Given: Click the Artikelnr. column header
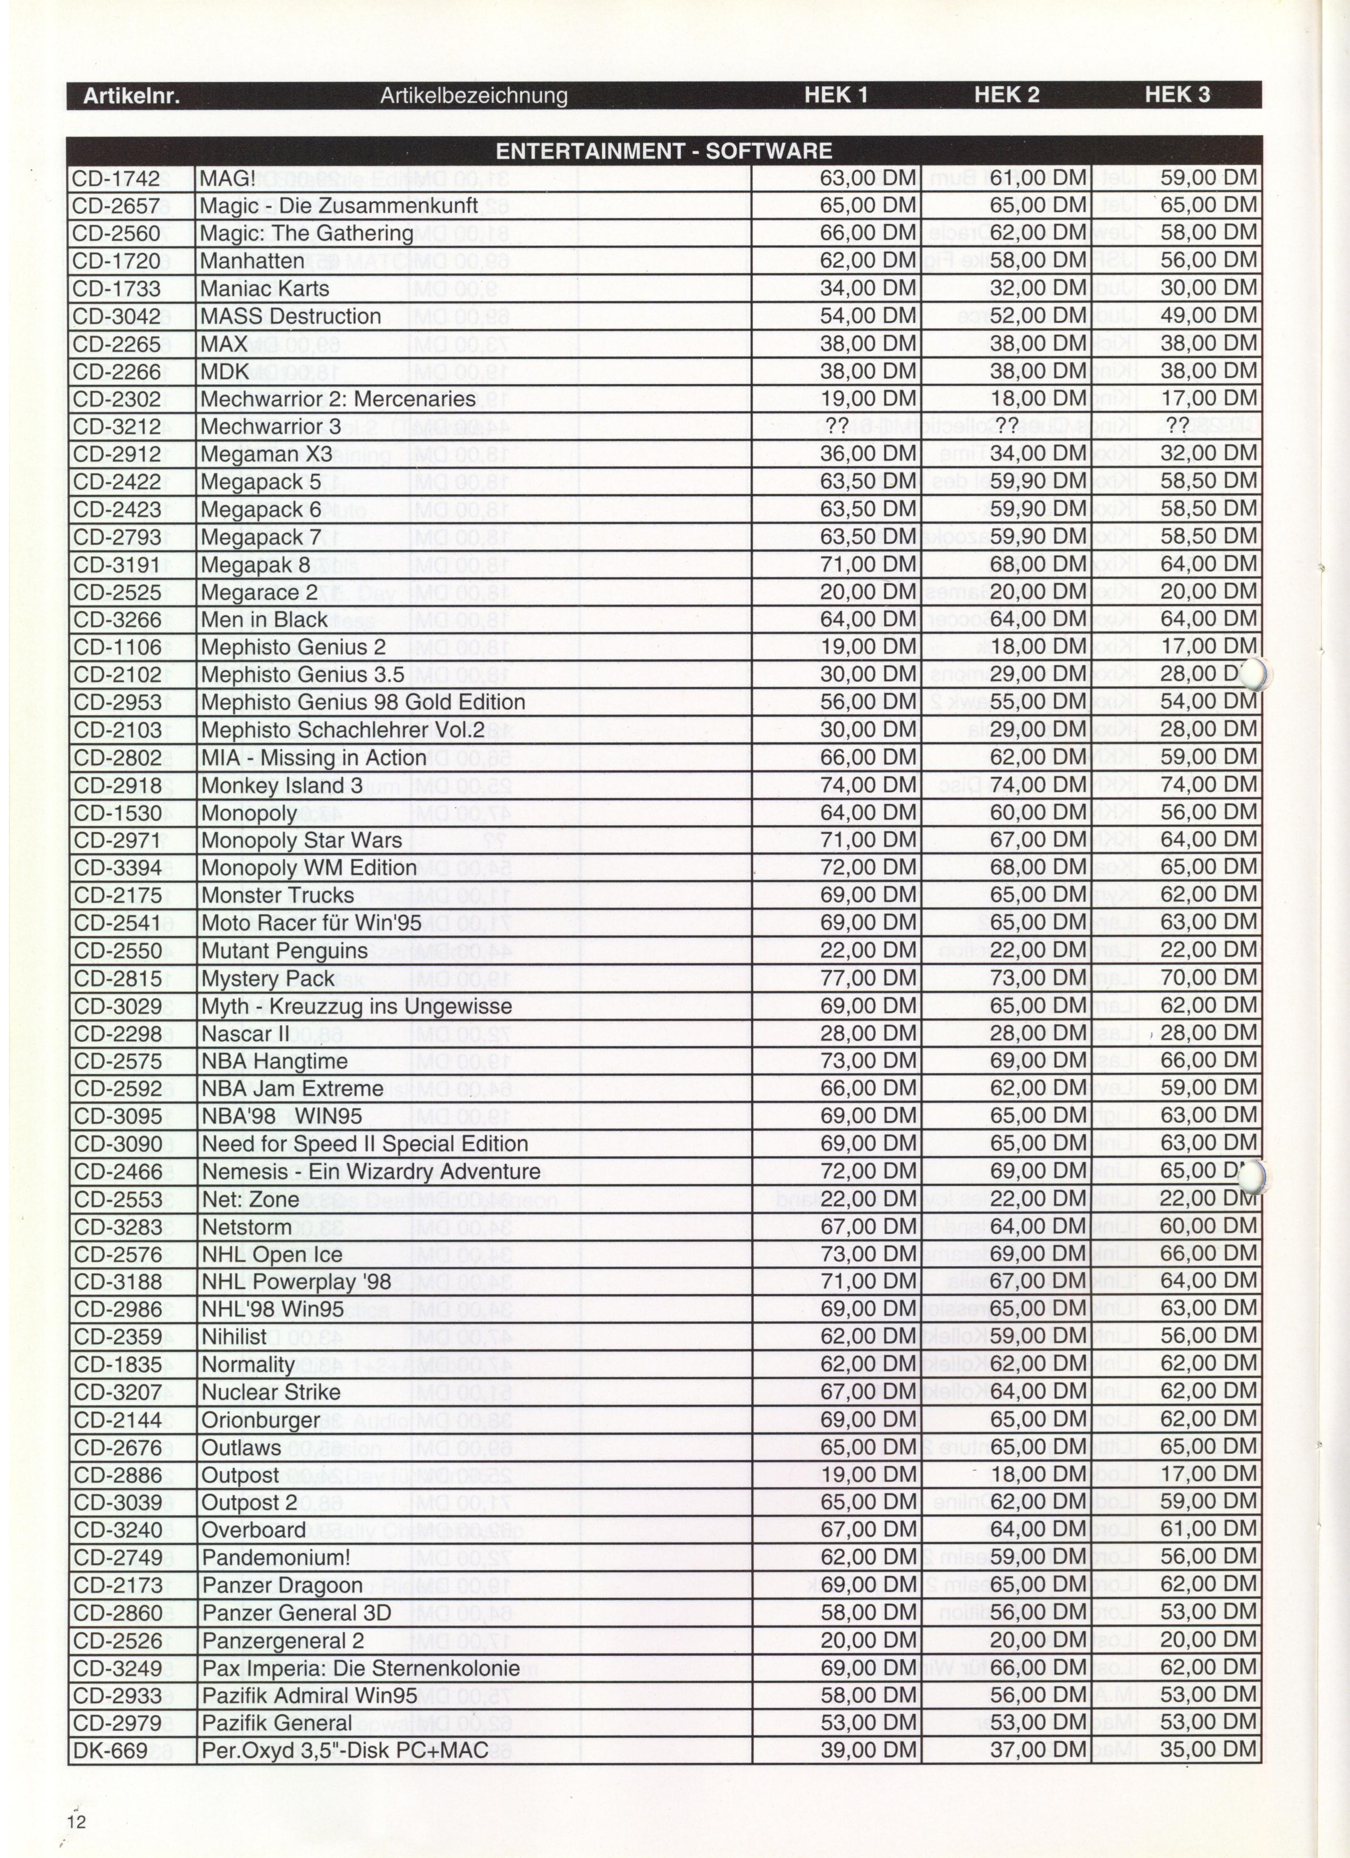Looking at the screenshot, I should coord(131,96).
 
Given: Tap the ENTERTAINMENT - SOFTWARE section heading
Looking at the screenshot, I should coord(663,151).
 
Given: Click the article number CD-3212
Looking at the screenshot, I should coord(117,427).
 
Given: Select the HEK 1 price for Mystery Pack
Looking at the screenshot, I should coord(868,978).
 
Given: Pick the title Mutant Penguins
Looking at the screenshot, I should coord(284,951).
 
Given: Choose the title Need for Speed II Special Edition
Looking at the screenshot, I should coord(364,1143).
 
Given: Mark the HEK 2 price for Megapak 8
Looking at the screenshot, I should coord(1038,565).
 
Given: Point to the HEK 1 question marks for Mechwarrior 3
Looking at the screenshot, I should coord(836,427).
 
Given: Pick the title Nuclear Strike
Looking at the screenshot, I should coord(270,1392).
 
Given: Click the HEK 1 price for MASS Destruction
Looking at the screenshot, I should coord(868,316).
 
